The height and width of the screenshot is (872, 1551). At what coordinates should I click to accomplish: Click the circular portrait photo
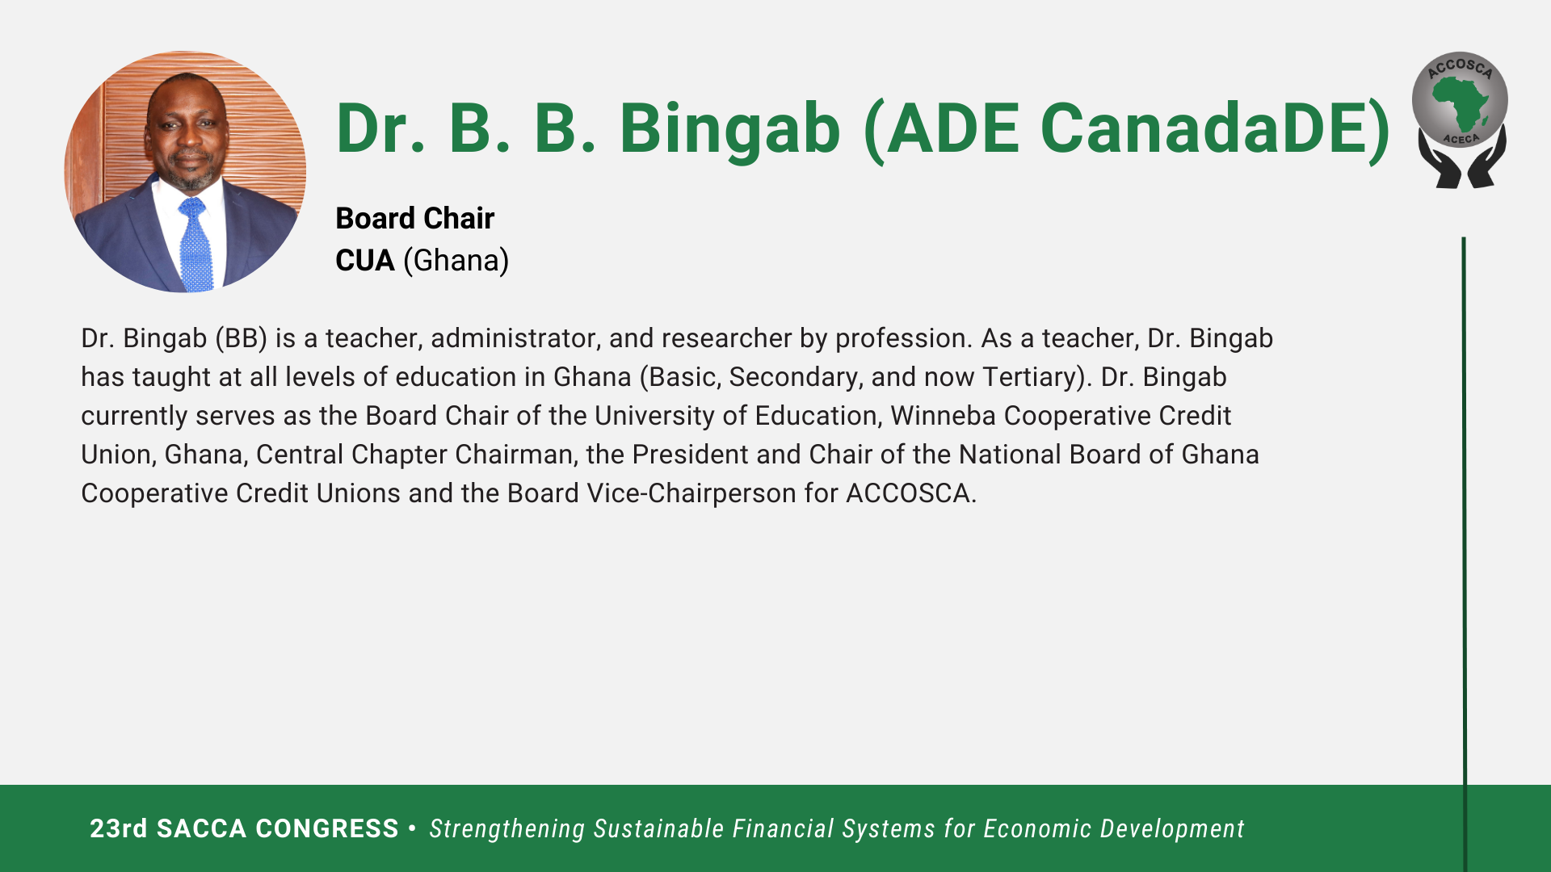point(185,171)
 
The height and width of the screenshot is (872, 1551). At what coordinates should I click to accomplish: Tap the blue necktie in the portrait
point(195,244)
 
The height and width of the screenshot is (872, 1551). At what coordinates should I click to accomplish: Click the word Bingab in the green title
point(729,129)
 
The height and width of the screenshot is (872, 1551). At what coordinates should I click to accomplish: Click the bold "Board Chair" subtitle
point(414,218)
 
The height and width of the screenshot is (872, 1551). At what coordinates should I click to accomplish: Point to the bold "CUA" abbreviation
point(365,260)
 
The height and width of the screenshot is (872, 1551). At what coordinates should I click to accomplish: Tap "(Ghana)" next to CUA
point(456,261)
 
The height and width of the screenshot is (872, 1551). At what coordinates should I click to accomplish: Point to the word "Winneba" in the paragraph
point(943,415)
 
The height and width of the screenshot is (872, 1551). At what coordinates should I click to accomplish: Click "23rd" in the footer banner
point(119,828)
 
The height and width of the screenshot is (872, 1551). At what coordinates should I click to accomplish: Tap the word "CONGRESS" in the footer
point(327,828)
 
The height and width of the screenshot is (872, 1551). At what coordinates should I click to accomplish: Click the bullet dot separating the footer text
point(413,828)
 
